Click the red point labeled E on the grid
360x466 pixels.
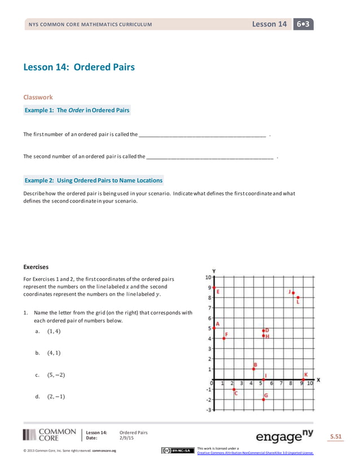(x=213, y=288)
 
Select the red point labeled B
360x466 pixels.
(x=253, y=368)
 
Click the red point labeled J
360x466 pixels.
(x=293, y=292)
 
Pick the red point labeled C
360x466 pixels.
(x=234, y=389)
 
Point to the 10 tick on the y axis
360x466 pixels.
(x=208, y=277)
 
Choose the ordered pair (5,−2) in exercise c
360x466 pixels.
(x=56, y=375)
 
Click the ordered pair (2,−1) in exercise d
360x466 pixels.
(x=56, y=396)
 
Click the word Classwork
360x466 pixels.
(x=38, y=97)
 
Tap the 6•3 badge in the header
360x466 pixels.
(x=303, y=24)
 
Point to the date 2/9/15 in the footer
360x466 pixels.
(x=128, y=438)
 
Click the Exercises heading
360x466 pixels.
(x=36, y=267)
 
